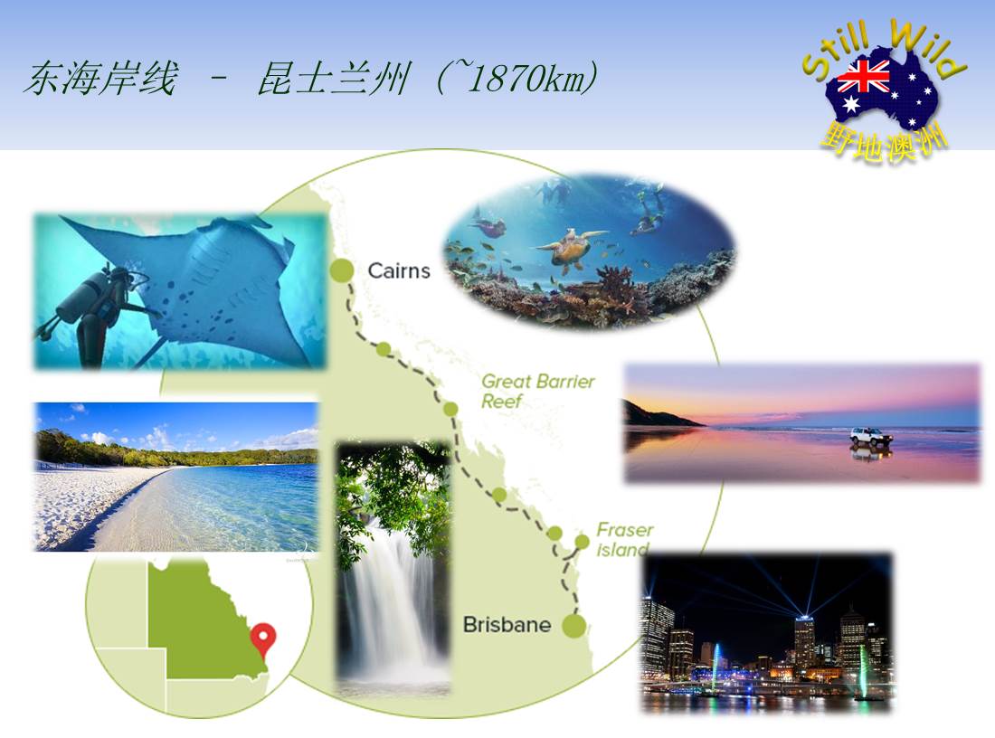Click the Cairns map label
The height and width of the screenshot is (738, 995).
click(x=399, y=271)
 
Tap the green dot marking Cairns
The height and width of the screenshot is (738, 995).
click(x=341, y=270)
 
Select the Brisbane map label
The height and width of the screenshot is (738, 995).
click(x=507, y=624)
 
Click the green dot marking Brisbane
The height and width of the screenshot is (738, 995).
click(x=574, y=625)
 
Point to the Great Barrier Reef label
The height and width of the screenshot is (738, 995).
click(x=537, y=391)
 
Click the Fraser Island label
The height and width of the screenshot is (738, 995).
click(x=624, y=539)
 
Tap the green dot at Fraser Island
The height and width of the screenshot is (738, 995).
click(x=582, y=541)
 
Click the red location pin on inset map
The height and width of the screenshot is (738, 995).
click(x=263, y=639)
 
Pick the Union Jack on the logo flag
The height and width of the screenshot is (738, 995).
click(x=863, y=77)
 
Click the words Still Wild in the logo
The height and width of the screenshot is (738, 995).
click(x=884, y=50)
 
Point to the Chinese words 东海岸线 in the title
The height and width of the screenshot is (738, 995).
click(x=101, y=79)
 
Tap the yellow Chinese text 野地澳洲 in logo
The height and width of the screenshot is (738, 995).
click(x=884, y=144)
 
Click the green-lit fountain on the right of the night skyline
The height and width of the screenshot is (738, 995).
click(x=864, y=673)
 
